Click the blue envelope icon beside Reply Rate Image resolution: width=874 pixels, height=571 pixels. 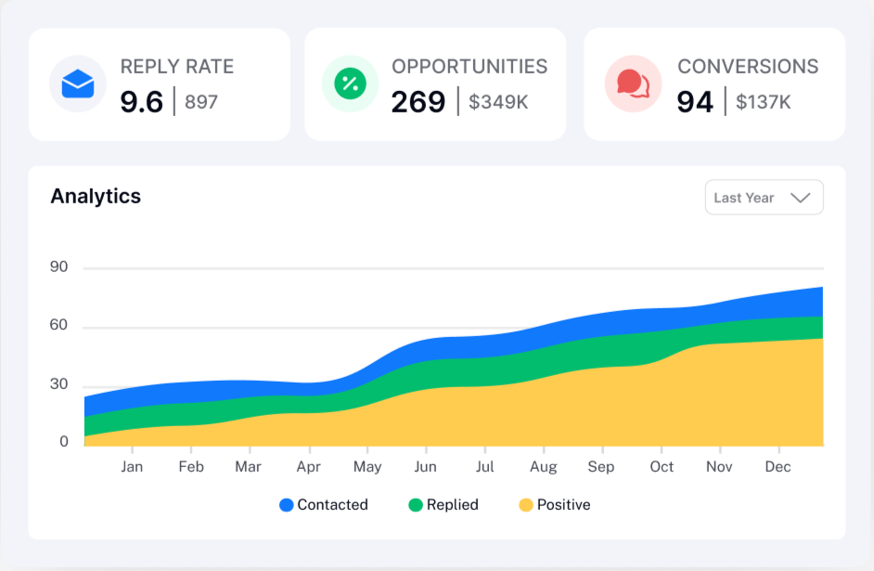point(78,84)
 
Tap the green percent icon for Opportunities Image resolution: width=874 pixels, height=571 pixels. point(350,84)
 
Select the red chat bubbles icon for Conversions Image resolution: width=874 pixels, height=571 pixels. point(633,84)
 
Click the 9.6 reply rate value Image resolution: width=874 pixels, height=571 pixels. point(142,101)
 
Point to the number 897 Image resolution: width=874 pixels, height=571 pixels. point(201,102)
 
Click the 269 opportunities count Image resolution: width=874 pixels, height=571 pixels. point(418,101)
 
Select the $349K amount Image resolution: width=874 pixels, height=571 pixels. point(498,102)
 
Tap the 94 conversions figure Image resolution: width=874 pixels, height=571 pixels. point(695,101)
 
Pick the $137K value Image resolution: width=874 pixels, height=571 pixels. point(764,102)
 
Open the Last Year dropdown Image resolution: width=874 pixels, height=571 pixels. point(764,198)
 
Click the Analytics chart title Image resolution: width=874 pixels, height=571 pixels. point(96,196)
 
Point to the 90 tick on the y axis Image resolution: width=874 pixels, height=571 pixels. point(59,267)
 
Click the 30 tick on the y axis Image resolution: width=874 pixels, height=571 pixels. point(59,384)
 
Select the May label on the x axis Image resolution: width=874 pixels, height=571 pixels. point(367,467)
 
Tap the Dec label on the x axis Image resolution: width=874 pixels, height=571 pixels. point(777,467)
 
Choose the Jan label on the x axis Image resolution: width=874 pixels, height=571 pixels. point(132,467)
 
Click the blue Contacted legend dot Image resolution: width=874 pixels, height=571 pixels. point(287,505)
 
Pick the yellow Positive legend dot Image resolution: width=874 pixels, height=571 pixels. point(526,505)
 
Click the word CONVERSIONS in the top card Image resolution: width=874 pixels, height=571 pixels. point(748,67)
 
